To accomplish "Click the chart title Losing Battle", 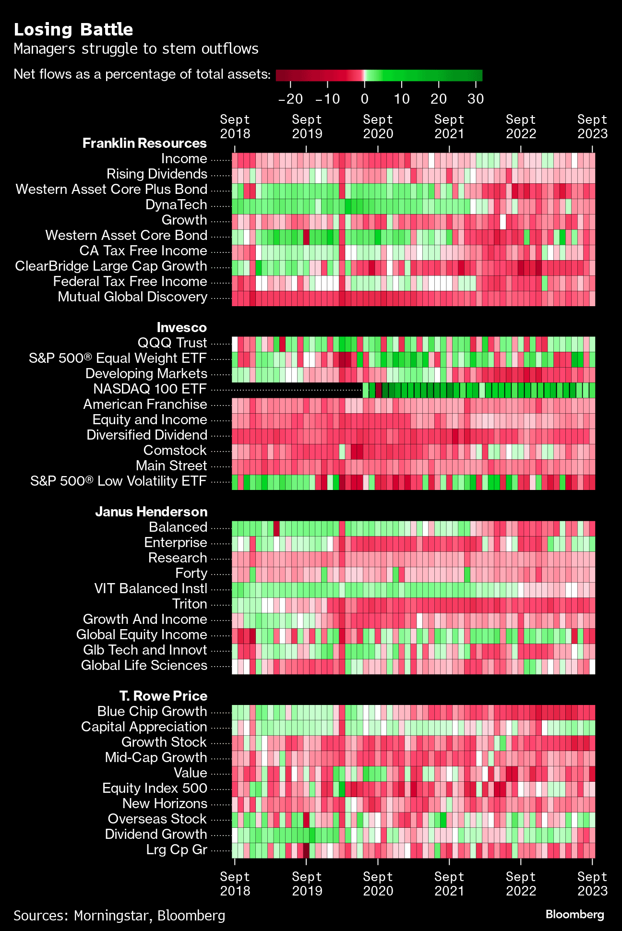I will click(x=73, y=30).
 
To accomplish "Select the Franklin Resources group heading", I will click(x=144, y=143).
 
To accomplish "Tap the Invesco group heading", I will click(x=181, y=327).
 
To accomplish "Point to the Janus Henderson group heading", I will click(x=151, y=512).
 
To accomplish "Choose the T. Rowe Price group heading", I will click(x=163, y=696).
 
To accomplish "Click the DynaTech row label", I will click(x=176, y=204).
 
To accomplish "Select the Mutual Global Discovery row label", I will click(x=132, y=297).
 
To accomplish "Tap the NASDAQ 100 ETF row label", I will click(x=150, y=389).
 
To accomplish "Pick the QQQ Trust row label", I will click(x=172, y=343).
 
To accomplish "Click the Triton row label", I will click(x=190, y=604).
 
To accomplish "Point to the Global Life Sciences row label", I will click(x=144, y=665).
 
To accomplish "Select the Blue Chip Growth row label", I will click(x=152, y=711).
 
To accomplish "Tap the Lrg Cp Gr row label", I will click(x=177, y=849).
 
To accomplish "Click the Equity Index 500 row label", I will click(x=155, y=788).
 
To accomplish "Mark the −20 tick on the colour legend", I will click(x=290, y=99).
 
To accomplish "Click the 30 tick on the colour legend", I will click(x=476, y=99).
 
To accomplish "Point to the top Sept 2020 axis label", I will click(x=378, y=127).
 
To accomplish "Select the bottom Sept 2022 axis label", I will click(x=521, y=884).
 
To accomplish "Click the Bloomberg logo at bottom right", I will click(x=574, y=914).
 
